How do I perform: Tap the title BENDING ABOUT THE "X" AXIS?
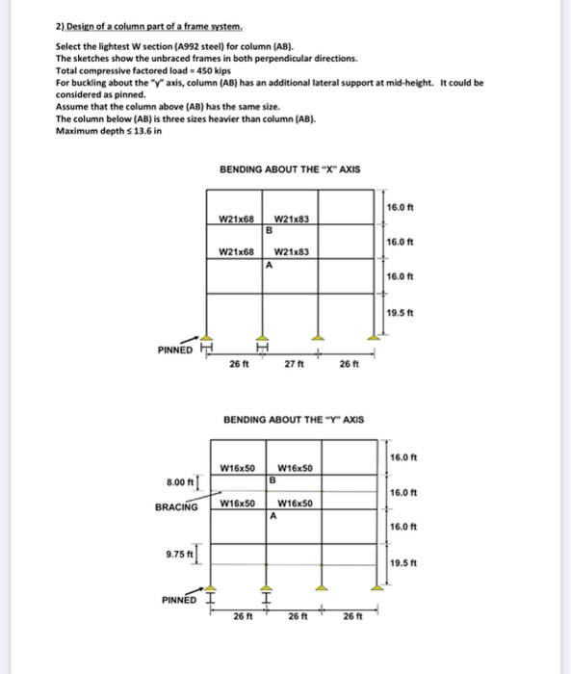point(290,168)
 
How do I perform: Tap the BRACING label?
point(177,506)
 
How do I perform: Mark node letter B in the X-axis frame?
point(271,231)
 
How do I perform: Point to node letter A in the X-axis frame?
point(271,265)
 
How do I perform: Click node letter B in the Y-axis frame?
point(273,479)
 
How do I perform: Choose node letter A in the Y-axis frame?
point(273,514)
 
